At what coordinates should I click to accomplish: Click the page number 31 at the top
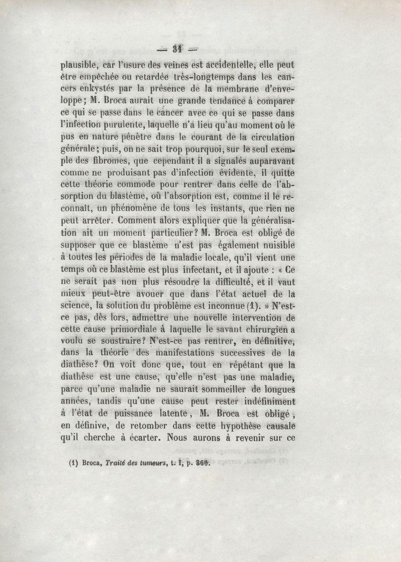[176, 49]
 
